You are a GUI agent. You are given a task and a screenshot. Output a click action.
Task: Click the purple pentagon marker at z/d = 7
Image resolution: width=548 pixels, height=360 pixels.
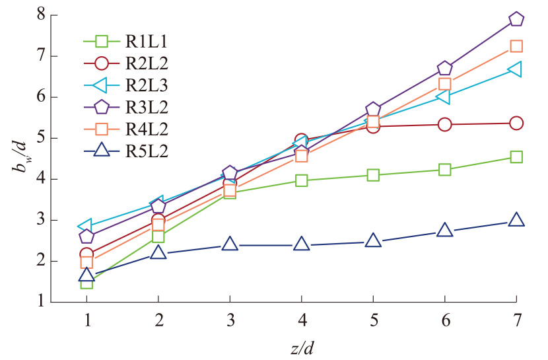click(516, 19)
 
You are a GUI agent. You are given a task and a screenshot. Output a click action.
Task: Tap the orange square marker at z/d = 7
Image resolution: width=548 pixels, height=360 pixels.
click(516, 46)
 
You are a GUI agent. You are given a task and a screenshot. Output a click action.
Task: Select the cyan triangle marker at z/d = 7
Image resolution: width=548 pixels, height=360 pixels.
click(516, 69)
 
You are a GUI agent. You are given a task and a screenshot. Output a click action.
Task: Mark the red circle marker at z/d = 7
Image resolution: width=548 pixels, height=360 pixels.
click(516, 124)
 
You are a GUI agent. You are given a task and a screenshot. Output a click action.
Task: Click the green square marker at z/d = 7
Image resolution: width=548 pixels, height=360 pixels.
click(516, 157)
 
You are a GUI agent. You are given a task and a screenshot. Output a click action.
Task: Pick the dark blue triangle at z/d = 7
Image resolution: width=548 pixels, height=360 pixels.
click(516, 220)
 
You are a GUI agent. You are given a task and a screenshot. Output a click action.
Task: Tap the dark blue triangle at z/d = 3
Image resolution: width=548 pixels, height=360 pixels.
click(230, 244)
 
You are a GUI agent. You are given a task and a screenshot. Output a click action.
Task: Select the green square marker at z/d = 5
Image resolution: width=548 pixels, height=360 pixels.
click(373, 175)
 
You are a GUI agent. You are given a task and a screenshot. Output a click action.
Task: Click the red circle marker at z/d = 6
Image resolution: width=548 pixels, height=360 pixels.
click(444, 124)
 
